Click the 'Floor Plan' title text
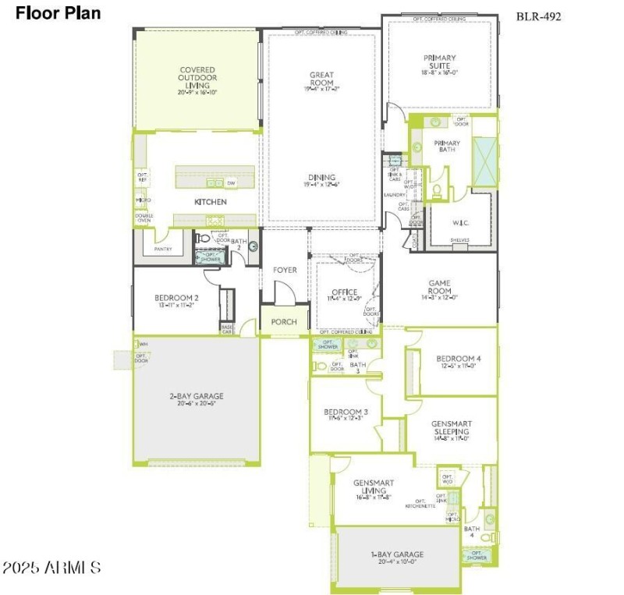[58, 13]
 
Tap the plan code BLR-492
[538, 16]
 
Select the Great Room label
[321, 79]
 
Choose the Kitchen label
[211, 202]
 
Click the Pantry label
[163, 249]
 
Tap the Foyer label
[285, 270]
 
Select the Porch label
[284, 322]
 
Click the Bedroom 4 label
[459, 359]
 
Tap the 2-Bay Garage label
[197, 396]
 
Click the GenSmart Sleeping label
[451, 427]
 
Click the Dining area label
[321, 178]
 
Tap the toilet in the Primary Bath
[437, 189]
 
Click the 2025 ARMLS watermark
[51, 567]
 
